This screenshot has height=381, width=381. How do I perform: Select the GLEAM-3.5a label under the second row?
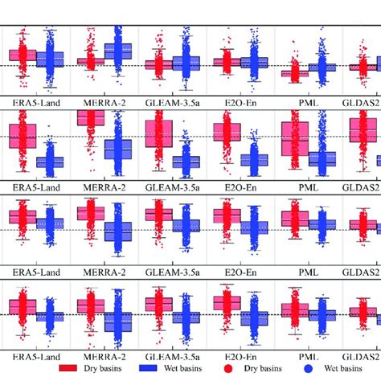coord(172,186)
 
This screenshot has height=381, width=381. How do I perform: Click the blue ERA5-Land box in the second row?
coord(50,162)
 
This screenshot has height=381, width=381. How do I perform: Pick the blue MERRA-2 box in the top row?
coord(117,54)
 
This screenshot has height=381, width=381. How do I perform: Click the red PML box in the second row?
coord(295,138)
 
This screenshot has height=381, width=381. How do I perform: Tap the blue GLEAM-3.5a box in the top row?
coord(186,63)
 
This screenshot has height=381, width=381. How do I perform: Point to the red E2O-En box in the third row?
coord(227,215)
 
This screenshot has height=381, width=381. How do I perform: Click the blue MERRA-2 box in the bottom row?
coord(117,317)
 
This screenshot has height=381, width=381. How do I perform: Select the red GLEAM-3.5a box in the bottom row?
coord(159,304)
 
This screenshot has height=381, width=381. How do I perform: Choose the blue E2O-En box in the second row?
coord(254,160)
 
